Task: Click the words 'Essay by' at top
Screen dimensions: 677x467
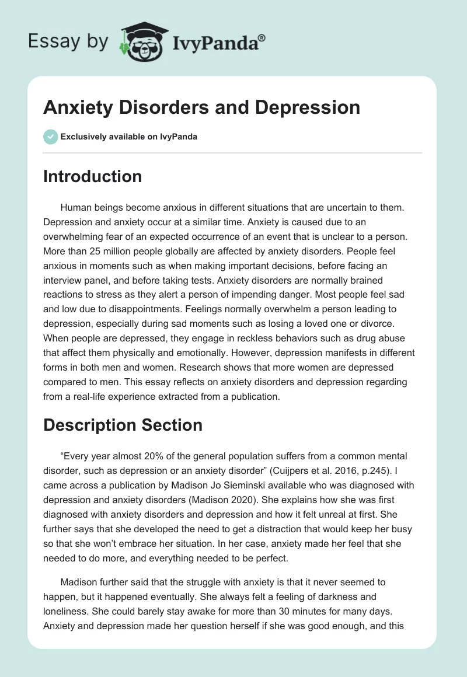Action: tap(69, 41)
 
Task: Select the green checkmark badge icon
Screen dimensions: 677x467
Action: tap(50, 137)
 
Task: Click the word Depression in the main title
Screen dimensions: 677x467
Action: tap(307, 107)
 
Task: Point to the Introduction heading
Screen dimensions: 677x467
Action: tap(92, 176)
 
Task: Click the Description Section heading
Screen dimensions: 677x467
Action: tap(123, 425)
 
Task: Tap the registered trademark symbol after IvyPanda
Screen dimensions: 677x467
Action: tap(262, 37)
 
